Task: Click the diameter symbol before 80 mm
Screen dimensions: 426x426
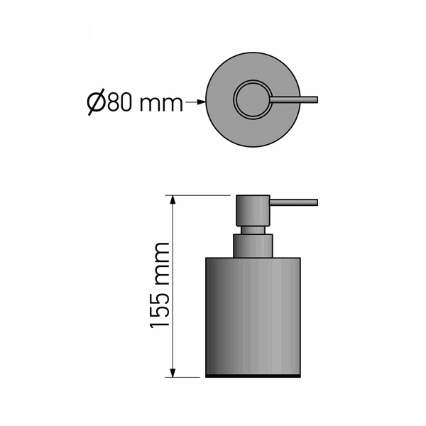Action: click(x=96, y=102)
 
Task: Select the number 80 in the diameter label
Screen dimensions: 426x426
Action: click(x=120, y=102)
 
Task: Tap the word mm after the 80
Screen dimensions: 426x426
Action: click(x=161, y=104)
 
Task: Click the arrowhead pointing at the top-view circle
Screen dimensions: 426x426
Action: click(x=201, y=102)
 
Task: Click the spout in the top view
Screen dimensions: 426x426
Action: click(x=294, y=99)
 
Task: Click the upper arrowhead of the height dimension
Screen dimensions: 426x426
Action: click(x=173, y=200)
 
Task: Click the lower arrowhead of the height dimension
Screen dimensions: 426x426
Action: click(x=173, y=373)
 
